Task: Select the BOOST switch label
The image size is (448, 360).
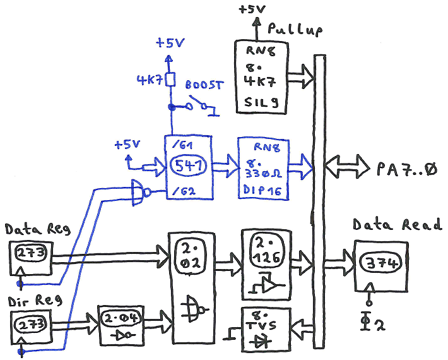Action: click(x=204, y=85)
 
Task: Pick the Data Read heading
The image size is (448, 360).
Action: click(x=397, y=225)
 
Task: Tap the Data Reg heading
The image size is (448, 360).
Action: click(x=29, y=228)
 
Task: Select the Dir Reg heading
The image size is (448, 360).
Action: click(x=25, y=301)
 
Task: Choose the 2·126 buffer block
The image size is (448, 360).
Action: click(x=264, y=264)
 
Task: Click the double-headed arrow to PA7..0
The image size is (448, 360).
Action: click(x=346, y=168)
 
